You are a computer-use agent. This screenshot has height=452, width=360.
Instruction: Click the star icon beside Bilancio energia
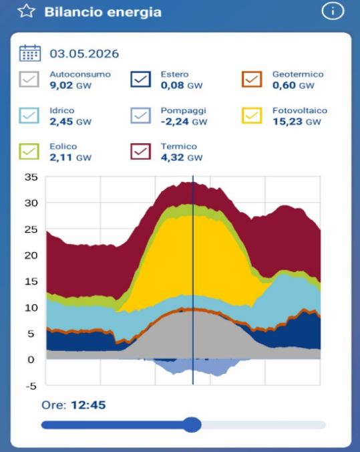26,11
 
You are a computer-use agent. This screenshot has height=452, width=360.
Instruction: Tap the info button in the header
333,11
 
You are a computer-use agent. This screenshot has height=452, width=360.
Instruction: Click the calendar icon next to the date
30,53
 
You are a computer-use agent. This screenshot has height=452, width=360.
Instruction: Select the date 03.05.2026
84,54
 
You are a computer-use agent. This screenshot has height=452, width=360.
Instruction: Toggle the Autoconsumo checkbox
29,79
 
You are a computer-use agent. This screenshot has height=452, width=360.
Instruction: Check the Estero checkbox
140,79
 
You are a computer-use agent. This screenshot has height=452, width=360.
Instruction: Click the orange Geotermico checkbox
252,79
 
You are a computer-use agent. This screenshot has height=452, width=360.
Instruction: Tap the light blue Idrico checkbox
29,115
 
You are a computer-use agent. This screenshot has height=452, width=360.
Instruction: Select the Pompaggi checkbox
140,115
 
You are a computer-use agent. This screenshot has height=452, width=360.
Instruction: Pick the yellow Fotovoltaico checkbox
252,115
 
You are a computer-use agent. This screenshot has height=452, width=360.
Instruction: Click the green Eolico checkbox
29,151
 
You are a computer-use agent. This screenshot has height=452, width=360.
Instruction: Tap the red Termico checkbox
140,151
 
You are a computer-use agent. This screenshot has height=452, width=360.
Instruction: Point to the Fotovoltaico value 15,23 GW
297,122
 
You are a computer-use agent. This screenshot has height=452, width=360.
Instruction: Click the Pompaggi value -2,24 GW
184,122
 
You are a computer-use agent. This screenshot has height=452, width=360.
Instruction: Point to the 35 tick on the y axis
31,177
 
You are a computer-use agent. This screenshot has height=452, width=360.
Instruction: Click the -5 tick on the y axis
31,386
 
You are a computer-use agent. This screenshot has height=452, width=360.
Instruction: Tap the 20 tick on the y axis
31,255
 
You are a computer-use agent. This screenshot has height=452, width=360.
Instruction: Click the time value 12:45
88,405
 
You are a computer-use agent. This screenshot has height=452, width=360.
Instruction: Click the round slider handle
192,425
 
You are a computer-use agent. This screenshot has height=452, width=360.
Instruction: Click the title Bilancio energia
103,12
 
